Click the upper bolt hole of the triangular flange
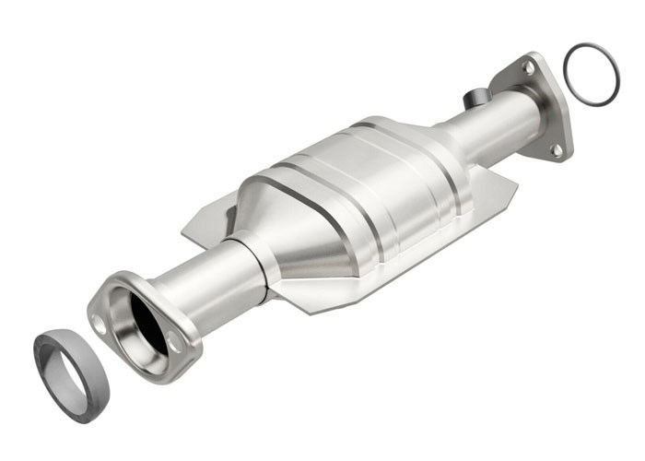[x=529, y=67]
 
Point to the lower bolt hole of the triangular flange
[x=556, y=148]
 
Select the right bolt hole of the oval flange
[x=175, y=343]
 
